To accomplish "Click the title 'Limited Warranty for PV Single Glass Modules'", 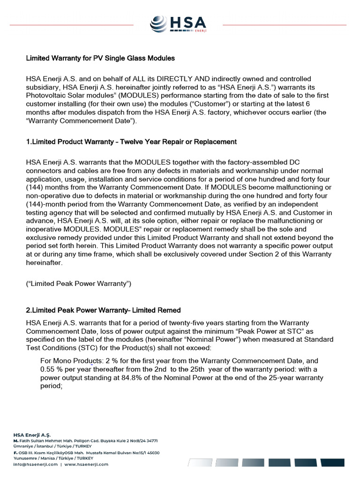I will click(100, 59).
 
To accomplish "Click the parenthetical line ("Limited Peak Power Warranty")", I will click(79, 284).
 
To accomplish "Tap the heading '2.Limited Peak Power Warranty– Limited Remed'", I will click(103, 310).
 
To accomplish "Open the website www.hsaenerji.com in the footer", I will click(86, 465).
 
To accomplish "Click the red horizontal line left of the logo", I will click(70, 24).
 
